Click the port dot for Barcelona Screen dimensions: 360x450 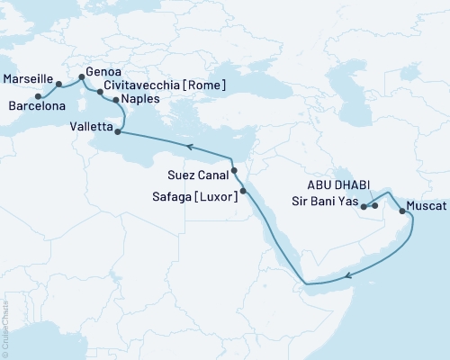[x=38, y=96]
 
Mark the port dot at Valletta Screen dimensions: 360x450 [x=118, y=131]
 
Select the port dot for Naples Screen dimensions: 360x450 [x=114, y=100]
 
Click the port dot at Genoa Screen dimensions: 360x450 [x=82, y=77]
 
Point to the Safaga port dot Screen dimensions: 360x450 [x=244, y=191]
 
